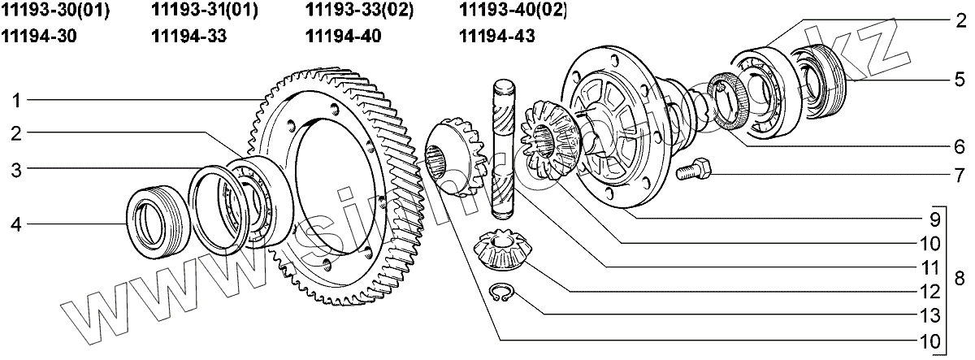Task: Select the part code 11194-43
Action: (497, 36)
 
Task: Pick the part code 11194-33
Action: (188, 36)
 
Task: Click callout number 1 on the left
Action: (15, 101)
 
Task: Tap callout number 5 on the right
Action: (959, 80)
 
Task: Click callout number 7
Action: (959, 174)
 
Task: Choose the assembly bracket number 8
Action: (959, 279)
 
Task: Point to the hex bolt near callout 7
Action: (694, 171)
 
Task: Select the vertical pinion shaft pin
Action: (502, 154)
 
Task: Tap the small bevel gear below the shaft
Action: (499, 249)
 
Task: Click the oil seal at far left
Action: (150, 218)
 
